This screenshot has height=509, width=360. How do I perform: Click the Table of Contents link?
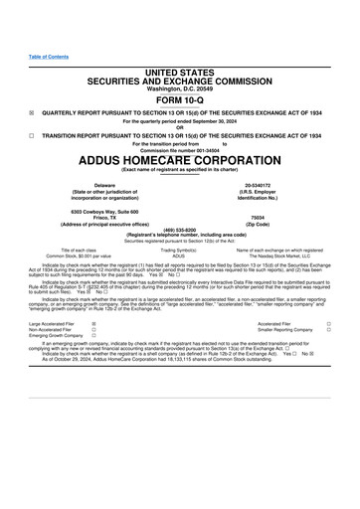click(x=47, y=57)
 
